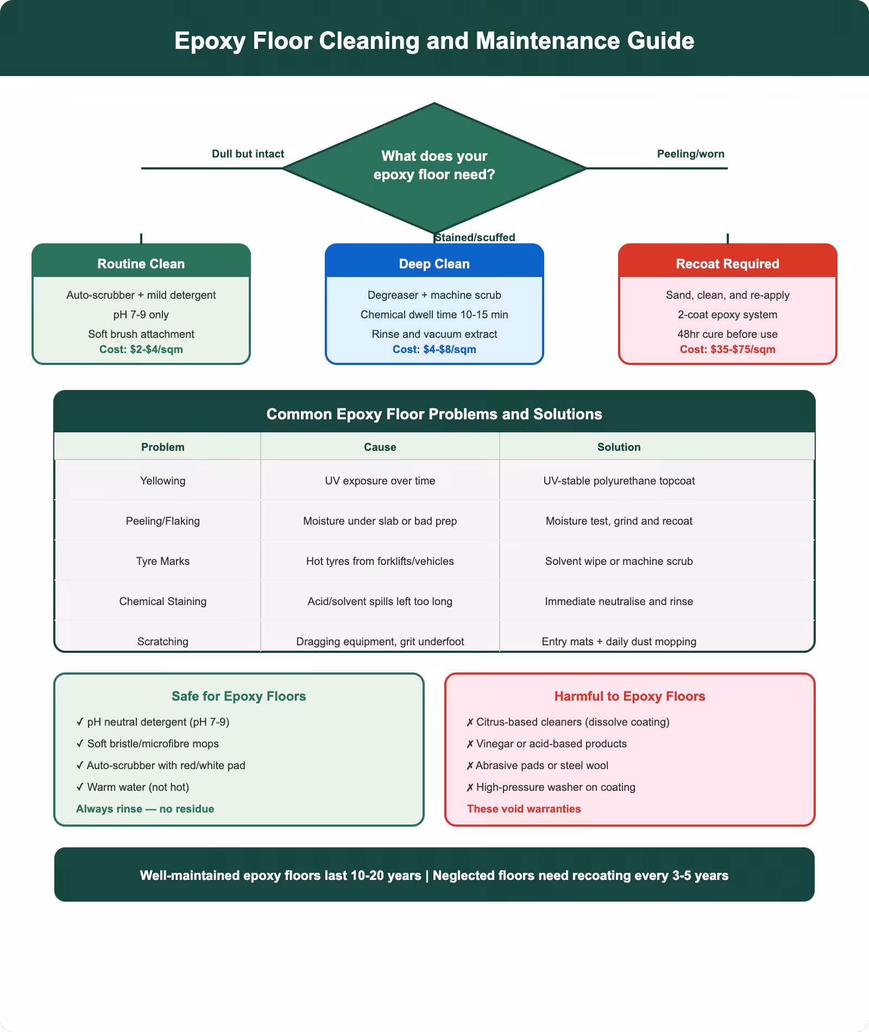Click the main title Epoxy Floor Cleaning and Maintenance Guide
pos(434,41)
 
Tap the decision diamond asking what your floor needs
pos(434,165)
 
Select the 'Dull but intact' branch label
pos(248,154)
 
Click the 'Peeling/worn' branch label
pos(690,154)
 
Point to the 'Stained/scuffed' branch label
pos(475,237)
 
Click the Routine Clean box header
pos(141,264)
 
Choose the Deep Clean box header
pos(434,264)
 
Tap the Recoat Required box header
pos(727,264)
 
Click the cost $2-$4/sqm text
pos(141,349)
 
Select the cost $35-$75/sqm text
pos(727,349)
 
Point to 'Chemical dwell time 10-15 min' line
pos(434,314)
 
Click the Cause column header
pos(380,447)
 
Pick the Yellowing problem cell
pos(162,481)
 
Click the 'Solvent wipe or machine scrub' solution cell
pos(619,561)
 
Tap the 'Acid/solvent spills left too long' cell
pos(380,601)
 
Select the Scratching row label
pos(162,641)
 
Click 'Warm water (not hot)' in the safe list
pos(138,787)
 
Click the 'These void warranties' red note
pos(524,809)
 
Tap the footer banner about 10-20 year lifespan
pos(434,876)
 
